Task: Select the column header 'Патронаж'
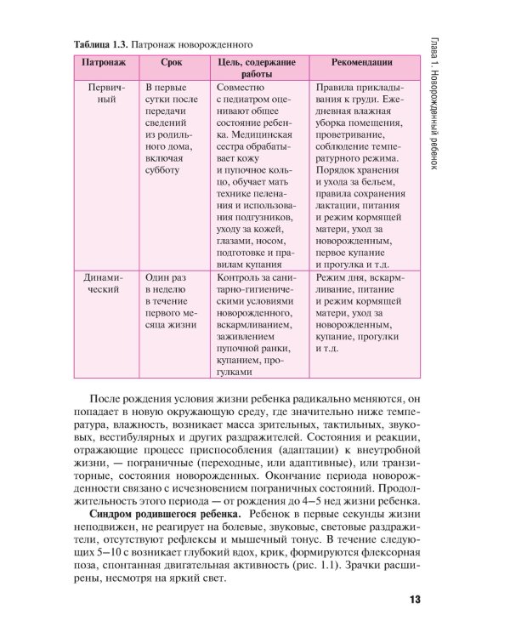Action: click(102, 63)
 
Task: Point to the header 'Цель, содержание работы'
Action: click(257, 69)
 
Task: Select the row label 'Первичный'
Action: click(102, 94)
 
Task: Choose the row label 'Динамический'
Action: click(102, 283)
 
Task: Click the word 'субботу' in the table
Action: click(163, 169)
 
